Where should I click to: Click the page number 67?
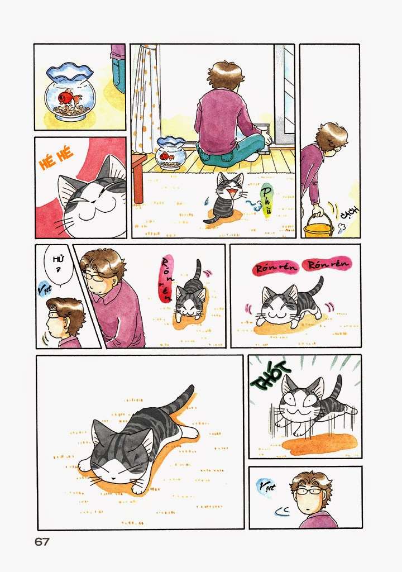click(x=42, y=542)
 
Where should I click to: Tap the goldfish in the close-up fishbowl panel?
click(x=69, y=97)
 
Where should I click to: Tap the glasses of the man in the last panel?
click(x=309, y=492)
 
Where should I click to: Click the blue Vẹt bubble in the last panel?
click(x=266, y=488)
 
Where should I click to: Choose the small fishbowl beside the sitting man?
click(x=170, y=151)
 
